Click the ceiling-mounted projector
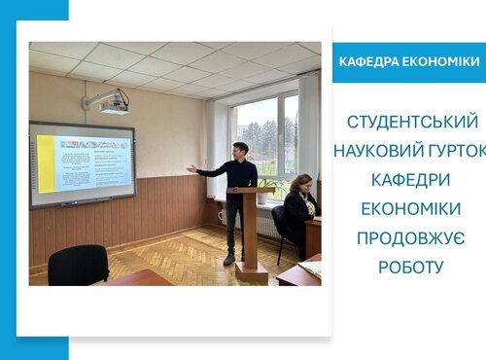click(x=108, y=101)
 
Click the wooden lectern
click(x=251, y=232)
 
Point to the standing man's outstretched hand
click(x=191, y=168)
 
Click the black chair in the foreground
click(x=78, y=264)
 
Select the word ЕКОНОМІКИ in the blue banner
click(x=443, y=62)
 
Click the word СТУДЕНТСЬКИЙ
click(x=413, y=123)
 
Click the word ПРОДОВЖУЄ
click(x=413, y=238)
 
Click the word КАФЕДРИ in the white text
click(x=413, y=181)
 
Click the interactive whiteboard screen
click(x=83, y=162)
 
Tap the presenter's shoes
click(x=229, y=260)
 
